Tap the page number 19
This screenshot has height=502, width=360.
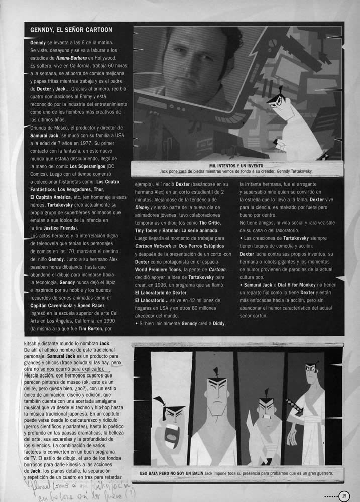point(345,495)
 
